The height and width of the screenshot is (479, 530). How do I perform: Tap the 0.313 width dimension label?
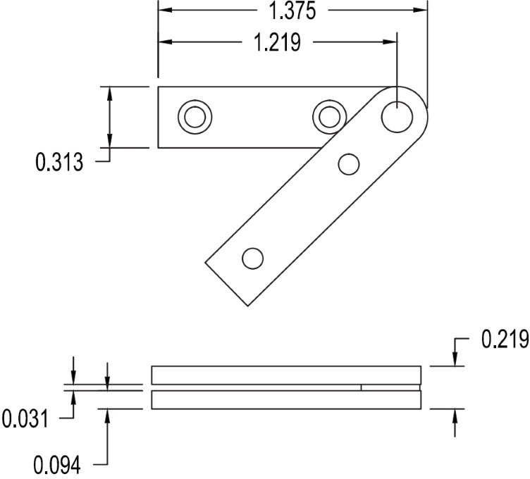tap(59, 163)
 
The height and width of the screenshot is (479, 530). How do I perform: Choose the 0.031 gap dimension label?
tap(25, 420)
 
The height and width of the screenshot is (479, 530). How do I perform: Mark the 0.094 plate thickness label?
tap(58, 464)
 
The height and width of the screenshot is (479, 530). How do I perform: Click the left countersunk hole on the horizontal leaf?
tap(194, 116)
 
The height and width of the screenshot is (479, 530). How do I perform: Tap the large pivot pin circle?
tap(397, 116)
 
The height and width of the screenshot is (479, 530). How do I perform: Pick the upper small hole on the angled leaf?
tap(349, 164)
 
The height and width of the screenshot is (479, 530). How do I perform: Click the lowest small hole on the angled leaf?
tap(252, 259)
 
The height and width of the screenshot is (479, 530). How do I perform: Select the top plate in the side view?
tap(286, 375)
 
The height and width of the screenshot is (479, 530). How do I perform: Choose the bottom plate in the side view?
tap(286, 400)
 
